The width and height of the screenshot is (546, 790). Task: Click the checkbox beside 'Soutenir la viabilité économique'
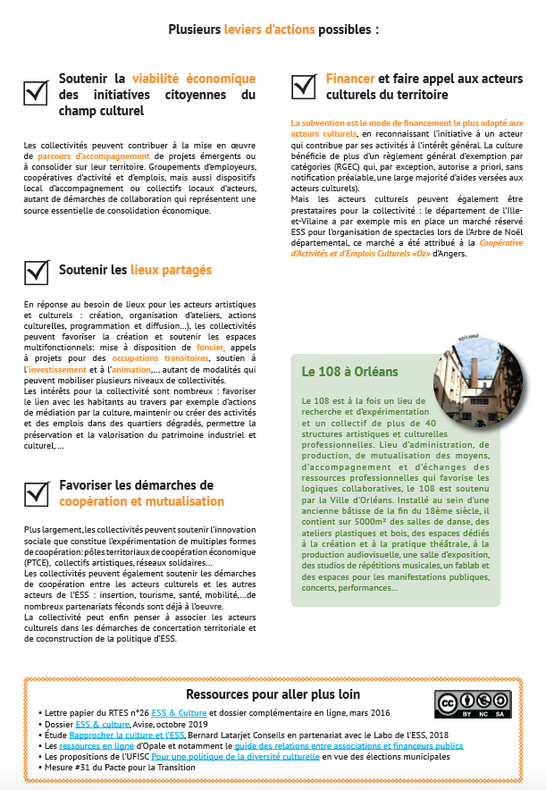point(36,92)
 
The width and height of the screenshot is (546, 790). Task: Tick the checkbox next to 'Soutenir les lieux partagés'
point(36,271)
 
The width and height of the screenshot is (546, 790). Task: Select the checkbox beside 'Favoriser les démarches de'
point(36,492)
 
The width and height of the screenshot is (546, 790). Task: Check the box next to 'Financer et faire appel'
point(304,86)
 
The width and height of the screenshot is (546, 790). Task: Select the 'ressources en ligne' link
point(83,744)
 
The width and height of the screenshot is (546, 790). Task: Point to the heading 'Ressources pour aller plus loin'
point(273,694)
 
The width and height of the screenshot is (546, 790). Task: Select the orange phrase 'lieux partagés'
point(171,270)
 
